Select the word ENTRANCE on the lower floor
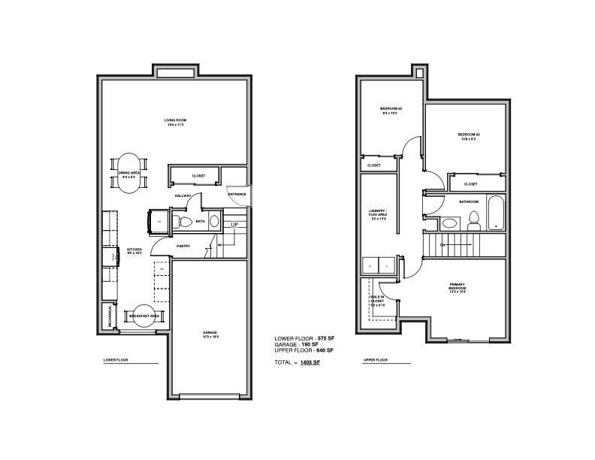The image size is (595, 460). pyautogui.click(x=237, y=195)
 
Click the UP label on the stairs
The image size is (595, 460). pyautogui.click(x=234, y=225)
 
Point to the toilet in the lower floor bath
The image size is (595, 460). pyautogui.click(x=185, y=221)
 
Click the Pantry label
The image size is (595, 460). pyautogui.click(x=183, y=245)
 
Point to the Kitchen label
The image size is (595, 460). pyautogui.click(x=134, y=250)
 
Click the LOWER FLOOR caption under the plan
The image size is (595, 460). pyautogui.click(x=116, y=360)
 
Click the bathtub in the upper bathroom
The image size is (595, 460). pyautogui.click(x=495, y=213)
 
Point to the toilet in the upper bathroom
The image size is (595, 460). pyautogui.click(x=473, y=219)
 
